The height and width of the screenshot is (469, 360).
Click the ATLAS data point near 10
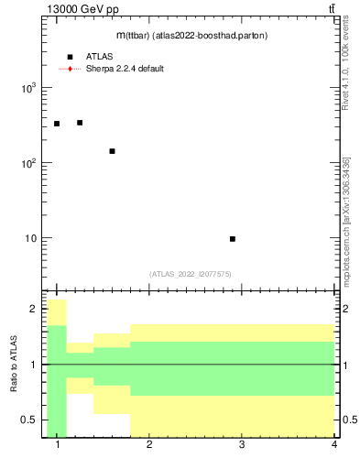233,239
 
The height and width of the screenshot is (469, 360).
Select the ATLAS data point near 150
112,151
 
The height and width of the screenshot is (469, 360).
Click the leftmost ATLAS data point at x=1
57,124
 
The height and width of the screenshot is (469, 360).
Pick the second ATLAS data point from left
80,123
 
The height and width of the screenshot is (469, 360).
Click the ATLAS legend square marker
70,57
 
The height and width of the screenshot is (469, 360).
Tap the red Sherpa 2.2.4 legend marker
70,69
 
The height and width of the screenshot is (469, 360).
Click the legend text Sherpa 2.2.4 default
125,69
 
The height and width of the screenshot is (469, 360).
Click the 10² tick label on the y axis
27,163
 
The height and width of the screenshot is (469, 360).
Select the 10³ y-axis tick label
27,88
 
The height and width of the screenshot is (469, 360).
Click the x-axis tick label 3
242,445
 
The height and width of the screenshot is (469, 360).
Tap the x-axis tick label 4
333,445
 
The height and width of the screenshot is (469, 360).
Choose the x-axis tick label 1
58,445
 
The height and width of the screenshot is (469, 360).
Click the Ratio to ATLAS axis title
14,365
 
